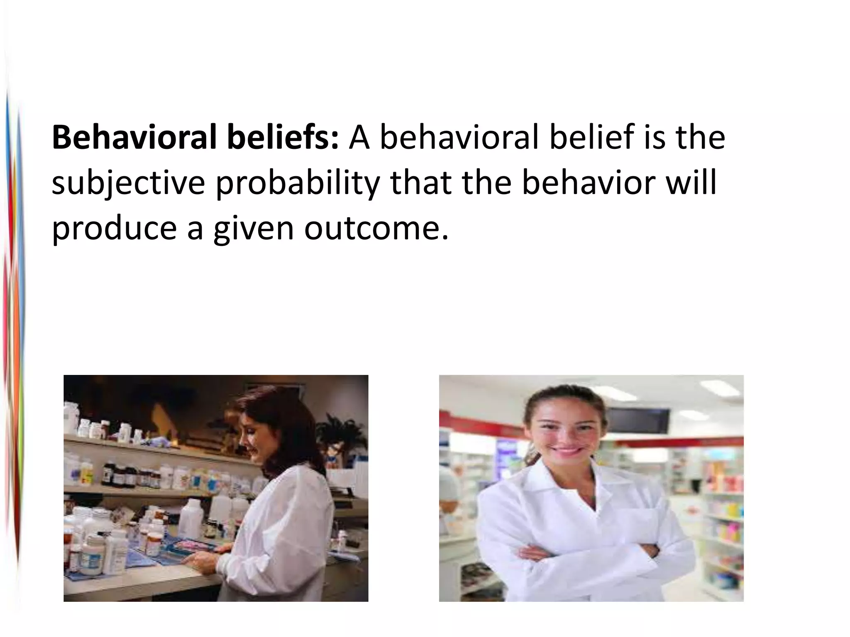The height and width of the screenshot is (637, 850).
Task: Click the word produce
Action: click(x=114, y=229)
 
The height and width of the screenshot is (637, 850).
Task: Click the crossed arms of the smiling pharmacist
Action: click(x=589, y=554)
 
